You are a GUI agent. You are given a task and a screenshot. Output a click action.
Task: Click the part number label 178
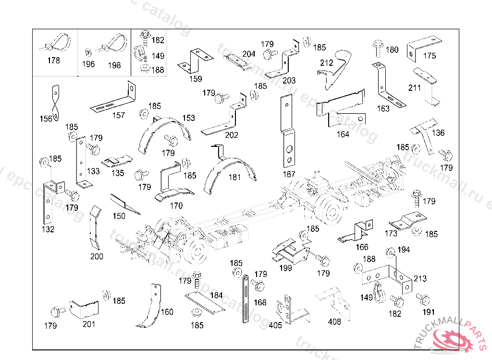[54, 60]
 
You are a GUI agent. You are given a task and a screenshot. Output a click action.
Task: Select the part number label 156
[46, 119]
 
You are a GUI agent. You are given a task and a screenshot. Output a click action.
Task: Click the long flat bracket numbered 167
[287, 132]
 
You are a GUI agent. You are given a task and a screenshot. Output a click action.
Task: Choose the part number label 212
[327, 62]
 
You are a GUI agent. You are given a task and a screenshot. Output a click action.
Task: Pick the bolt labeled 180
[376, 49]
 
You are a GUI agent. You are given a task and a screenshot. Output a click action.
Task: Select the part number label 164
[343, 134]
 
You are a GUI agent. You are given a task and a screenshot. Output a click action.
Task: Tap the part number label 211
[415, 88]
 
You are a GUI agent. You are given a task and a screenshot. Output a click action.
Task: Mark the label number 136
[438, 133]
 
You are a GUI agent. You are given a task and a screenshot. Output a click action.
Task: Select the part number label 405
[275, 325]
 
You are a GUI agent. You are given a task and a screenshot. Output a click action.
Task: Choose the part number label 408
[334, 322]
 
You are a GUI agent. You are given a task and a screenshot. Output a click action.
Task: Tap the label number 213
[420, 278]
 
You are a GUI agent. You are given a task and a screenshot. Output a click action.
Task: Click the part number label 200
[97, 257]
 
